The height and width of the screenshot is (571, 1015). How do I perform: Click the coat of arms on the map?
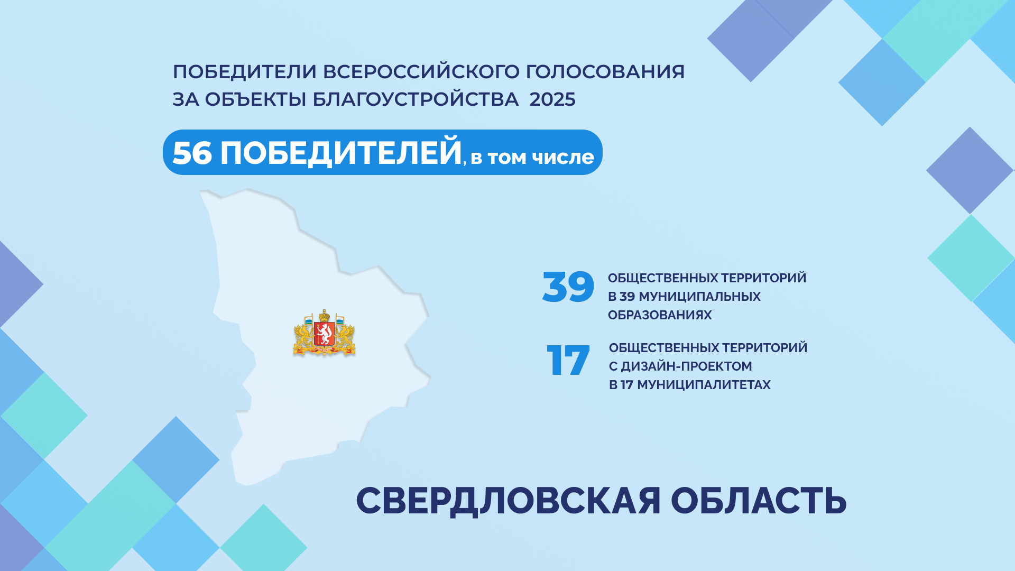coord(324,333)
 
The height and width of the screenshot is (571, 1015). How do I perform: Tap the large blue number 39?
coord(568,287)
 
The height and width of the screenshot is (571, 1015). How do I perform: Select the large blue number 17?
coord(568,361)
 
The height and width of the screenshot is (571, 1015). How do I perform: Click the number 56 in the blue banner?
coord(192,153)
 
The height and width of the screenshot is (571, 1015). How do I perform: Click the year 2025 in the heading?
coord(552,99)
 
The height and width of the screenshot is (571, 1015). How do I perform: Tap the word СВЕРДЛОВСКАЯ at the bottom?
coord(509,501)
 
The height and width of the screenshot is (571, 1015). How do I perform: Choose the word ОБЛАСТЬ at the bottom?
coord(759,500)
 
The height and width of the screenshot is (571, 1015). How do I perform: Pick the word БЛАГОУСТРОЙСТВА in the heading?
coord(416,99)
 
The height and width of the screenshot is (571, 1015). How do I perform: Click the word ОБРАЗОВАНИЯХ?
coord(660,315)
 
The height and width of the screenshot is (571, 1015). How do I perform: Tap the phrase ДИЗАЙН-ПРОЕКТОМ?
coord(686,366)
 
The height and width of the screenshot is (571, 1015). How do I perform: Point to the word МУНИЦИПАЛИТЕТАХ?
coord(704,385)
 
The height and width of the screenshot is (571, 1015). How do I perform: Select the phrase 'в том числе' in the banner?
coord(532,157)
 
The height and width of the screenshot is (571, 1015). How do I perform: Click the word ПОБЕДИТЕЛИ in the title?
coord(244,71)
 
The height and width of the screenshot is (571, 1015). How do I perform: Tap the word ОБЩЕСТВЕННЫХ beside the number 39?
coord(663,278)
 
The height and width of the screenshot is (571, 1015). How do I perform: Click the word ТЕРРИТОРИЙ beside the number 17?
coord(765,347)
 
